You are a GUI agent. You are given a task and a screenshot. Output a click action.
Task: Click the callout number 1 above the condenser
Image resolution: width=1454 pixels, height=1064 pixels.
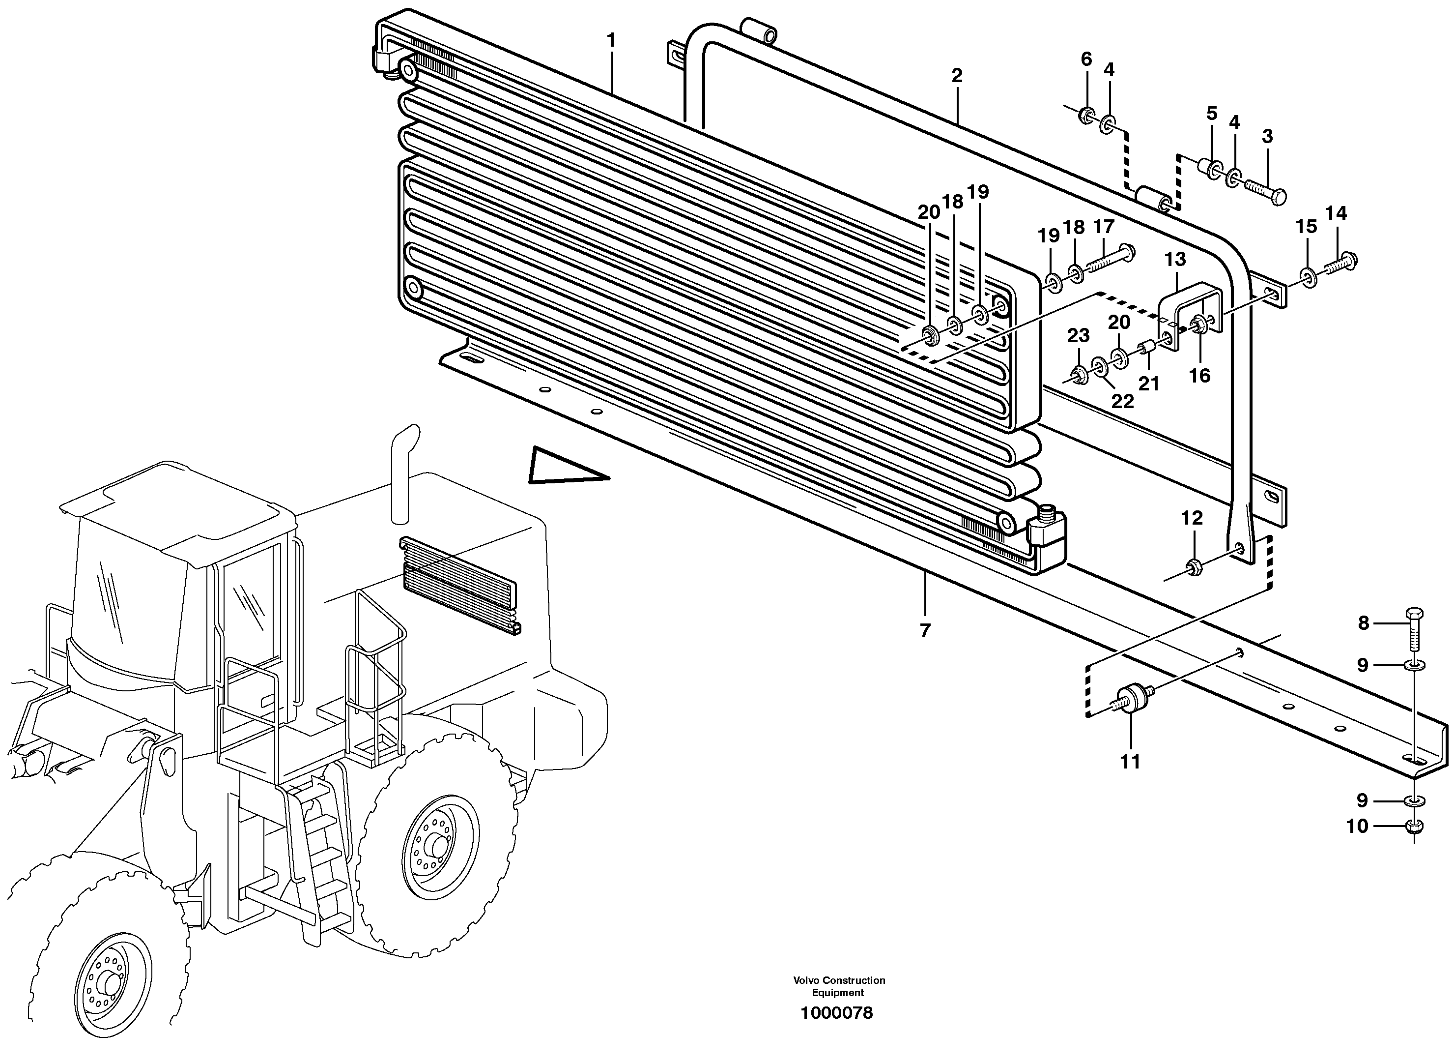pyautogui.click(x=611, y=41)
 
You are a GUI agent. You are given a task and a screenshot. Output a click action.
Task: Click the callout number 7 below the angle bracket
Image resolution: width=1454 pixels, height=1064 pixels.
pyautogui.click(x=925, y=630)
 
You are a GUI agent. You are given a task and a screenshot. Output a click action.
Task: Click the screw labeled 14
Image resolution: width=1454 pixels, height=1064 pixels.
pyautogui.click(x=1342, y=263)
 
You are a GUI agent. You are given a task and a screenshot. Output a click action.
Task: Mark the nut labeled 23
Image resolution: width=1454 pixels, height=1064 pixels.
pyautogui.click(x=1079, y=374)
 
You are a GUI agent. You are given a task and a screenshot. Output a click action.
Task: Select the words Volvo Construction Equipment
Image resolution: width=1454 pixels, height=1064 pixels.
pyautogui.click(x=839, y=986)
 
